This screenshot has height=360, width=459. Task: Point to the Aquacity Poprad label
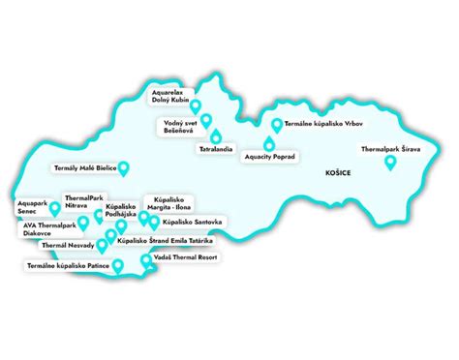[269, 155]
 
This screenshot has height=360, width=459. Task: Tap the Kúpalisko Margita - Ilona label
[168, 203]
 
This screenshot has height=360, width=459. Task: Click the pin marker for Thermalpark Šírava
[389, 164]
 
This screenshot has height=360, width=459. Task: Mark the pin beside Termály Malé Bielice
[122, 168]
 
